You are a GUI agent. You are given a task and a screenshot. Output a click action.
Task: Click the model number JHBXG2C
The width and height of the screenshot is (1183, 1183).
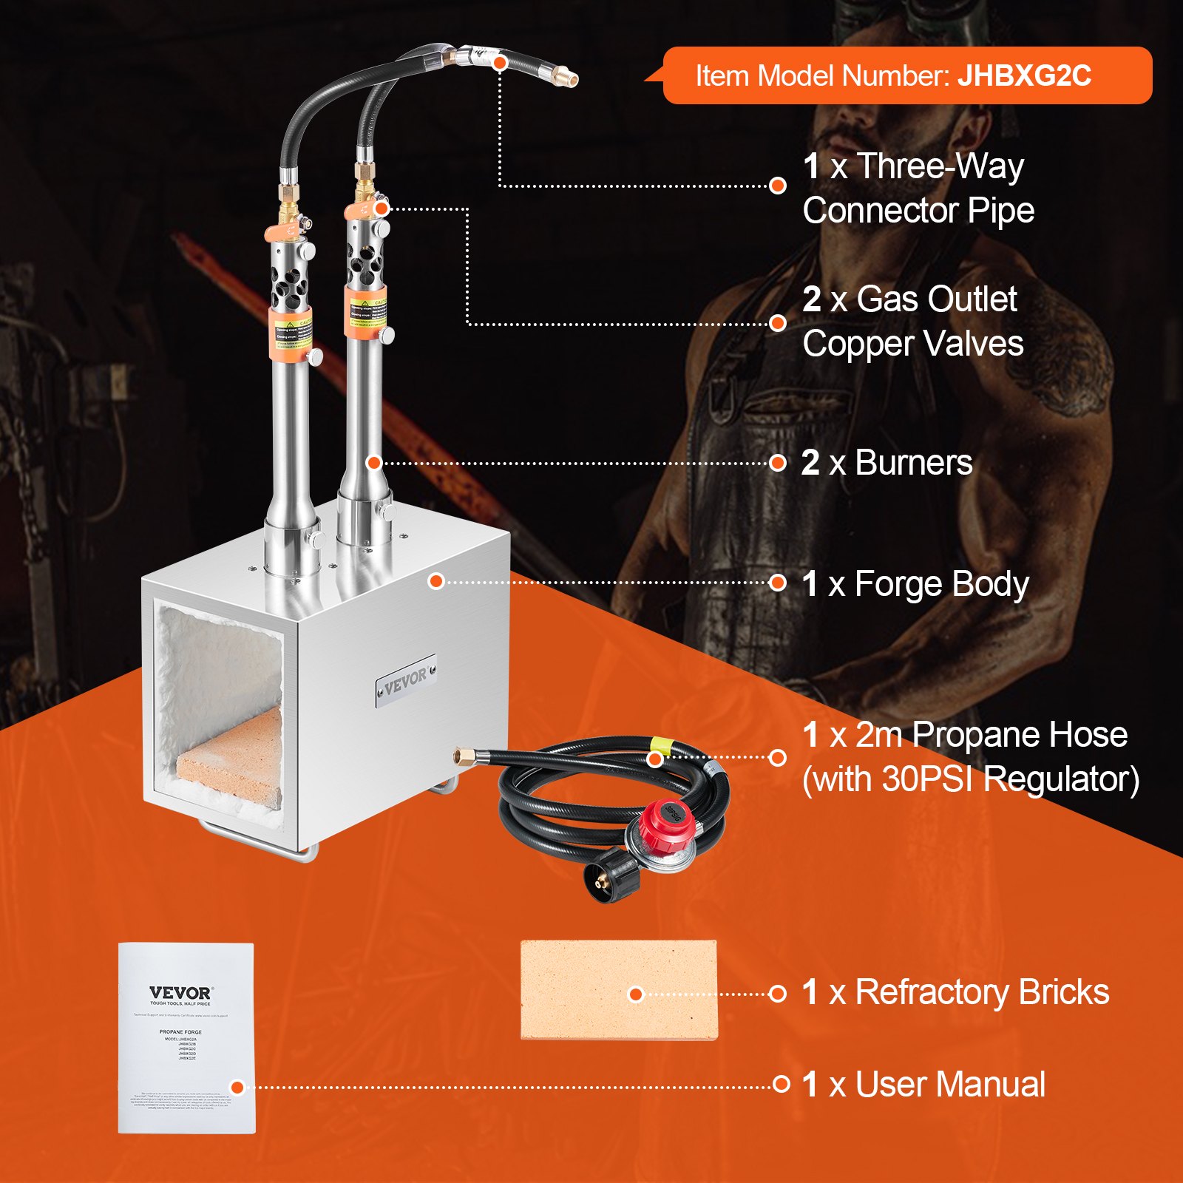coord(1024,76)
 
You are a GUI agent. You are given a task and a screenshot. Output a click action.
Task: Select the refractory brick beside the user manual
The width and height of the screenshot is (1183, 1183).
coord(619,989)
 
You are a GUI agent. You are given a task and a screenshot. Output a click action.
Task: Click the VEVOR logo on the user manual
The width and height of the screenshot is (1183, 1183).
coord(180,992)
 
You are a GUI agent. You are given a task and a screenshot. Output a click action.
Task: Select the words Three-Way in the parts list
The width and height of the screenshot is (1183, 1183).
coord(940,166)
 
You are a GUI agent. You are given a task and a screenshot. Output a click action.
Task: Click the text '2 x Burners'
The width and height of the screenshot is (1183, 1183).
coord(887,463)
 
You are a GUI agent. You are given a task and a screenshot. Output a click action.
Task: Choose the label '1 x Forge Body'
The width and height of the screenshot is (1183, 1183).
coord(915,583)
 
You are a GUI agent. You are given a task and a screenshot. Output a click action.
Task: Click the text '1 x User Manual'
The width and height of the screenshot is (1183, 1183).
coord(923,1085)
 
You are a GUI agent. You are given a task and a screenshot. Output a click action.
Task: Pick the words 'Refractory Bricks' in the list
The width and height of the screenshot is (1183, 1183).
coord(982,992)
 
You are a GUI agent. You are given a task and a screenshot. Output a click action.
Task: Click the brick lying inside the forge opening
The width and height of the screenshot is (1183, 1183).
coord(229,760)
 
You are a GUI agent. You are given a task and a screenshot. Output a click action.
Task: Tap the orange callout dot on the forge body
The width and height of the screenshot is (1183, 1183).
coord(436,582)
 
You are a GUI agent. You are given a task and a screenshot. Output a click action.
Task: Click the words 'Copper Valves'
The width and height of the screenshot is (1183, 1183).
coord(913,344)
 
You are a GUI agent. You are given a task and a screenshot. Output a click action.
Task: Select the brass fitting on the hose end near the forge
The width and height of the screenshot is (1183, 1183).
coord(464,756)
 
